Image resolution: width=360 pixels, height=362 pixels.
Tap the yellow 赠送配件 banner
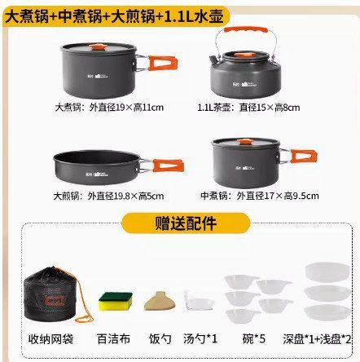pyautogui.click(x=180, y=223)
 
